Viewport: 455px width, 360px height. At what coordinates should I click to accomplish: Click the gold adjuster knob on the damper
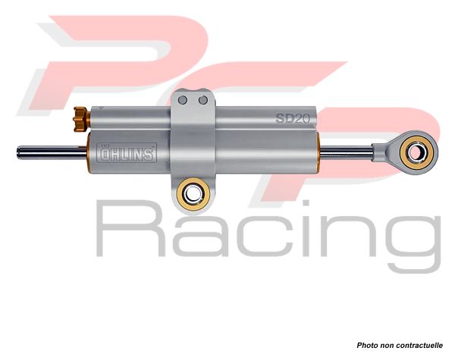(x=80, y=119)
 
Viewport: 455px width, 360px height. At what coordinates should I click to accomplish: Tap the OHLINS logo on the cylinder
(x=127, y=152)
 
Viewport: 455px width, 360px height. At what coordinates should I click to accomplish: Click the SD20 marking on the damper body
(x=292, y=118)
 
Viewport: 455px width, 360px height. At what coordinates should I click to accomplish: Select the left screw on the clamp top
(x=183, y=100)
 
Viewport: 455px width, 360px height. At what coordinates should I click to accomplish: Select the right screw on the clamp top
(x=203, y=100)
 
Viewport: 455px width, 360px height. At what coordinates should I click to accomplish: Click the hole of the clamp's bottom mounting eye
(x=193, y=193)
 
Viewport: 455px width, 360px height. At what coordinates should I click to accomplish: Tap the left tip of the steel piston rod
(x=17, y=152)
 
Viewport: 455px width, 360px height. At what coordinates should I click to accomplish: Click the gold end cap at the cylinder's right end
(x=318, y=153)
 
